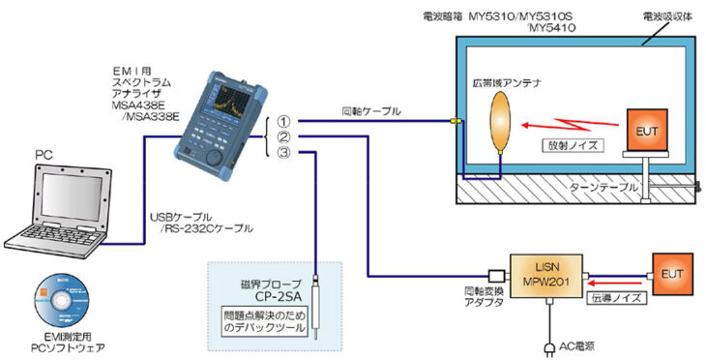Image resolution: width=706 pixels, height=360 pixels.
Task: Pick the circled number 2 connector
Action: click(282, 137)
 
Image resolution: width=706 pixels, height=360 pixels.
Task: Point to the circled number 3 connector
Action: click(282, 153)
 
